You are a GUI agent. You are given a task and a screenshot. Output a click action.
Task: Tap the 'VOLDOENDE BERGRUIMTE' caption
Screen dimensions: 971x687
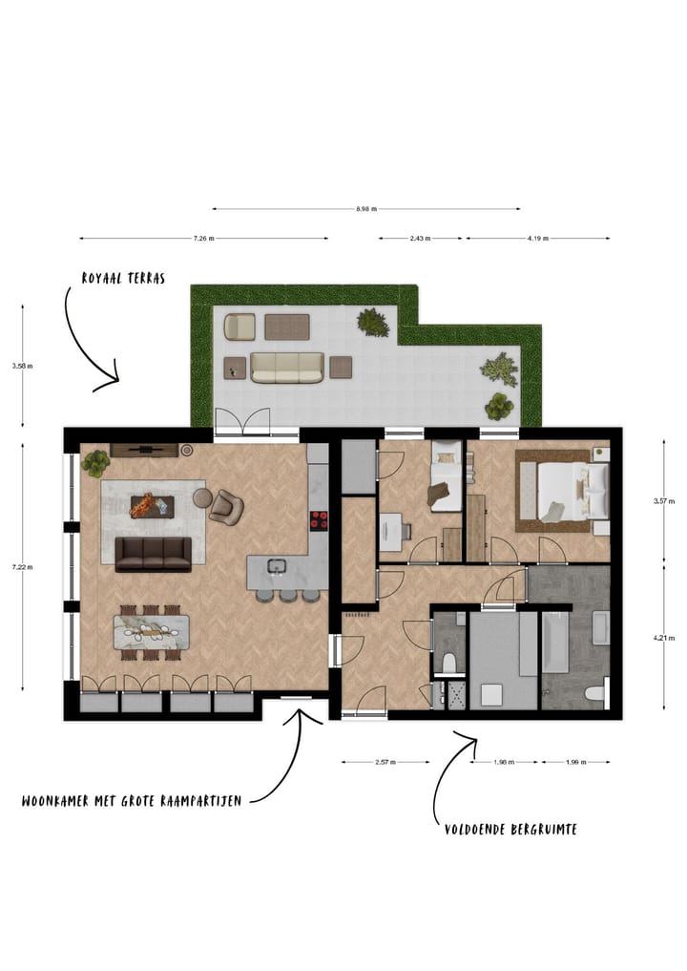point(510,829)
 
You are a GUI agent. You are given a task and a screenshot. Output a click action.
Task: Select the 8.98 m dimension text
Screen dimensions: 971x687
point(366,208)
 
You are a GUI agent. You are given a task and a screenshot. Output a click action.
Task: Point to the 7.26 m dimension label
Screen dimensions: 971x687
point(203,238)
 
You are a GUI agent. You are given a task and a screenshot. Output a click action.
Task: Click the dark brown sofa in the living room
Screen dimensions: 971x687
point(153,553)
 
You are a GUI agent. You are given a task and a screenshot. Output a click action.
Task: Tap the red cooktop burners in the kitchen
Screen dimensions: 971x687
point(319,520)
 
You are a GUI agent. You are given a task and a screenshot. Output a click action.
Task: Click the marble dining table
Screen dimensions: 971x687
point(152,631)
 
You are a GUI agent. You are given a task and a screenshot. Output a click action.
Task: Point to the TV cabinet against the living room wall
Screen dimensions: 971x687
point(145,450)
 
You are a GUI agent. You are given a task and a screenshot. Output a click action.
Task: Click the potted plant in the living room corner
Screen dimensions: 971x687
point(95,464)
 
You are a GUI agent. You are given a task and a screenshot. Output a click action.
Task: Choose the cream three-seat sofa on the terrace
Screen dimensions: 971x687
point(286,367)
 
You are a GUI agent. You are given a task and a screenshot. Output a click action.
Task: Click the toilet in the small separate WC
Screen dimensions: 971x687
point(448,662)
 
